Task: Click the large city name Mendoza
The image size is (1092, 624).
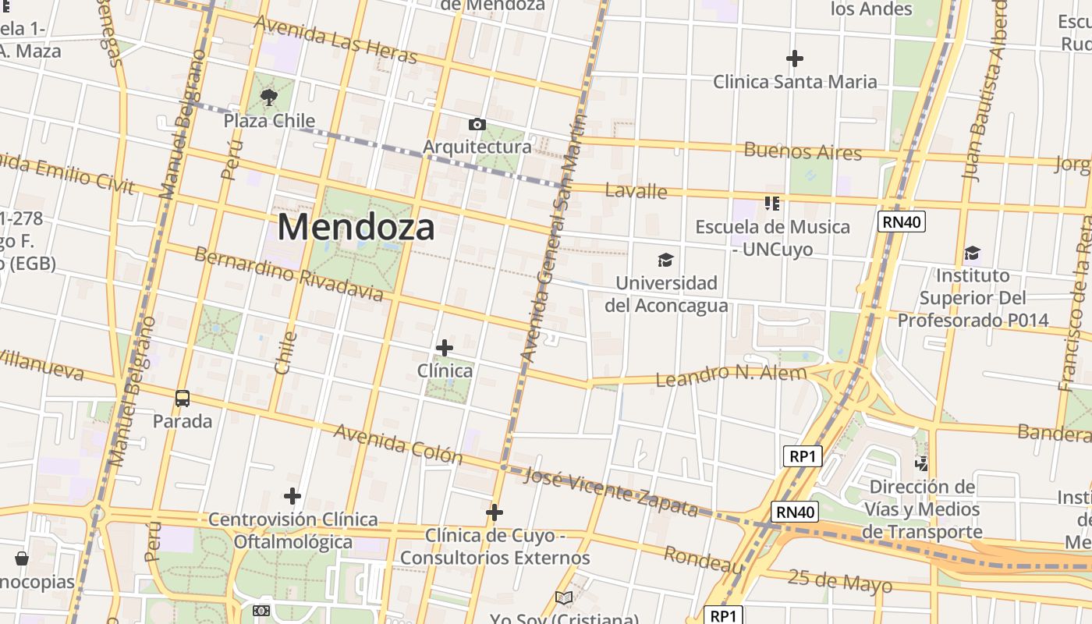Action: click(356, 227)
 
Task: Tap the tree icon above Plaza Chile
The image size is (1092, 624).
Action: click(269, 97)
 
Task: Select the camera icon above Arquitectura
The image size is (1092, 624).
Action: click(477, 124)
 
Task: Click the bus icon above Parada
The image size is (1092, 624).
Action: click(183, 399)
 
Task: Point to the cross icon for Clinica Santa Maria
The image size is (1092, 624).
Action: click(795, 58)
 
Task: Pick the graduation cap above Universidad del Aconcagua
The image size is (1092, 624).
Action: click(665, 260)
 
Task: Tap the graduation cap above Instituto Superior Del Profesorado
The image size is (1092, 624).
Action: click(972, 253)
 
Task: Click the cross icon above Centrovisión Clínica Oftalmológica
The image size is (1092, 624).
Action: click(292, 496)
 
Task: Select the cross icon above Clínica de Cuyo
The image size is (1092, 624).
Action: click(495, 512)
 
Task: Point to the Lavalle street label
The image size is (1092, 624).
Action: click(636, 191)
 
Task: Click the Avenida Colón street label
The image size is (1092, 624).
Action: click(398, 444)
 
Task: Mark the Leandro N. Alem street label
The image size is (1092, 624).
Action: click(731, 375)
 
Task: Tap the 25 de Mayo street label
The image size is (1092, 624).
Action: click(839, 581)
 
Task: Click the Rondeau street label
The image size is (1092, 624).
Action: click(703, 559)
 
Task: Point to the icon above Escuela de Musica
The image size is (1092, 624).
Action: click(772, 204)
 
